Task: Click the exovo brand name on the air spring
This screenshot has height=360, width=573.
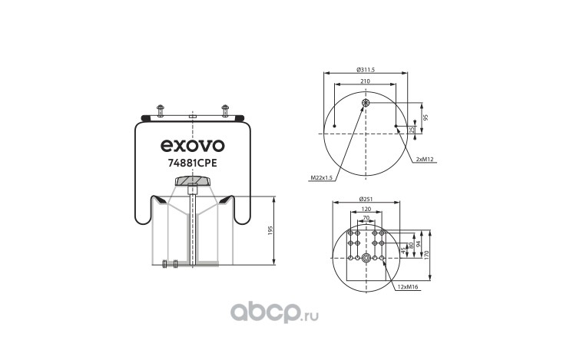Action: (192, 144)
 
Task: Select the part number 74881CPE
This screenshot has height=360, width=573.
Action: (192, 163)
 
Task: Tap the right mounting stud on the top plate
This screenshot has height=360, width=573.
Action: (225, 107)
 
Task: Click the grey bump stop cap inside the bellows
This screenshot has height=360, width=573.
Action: (193, 181)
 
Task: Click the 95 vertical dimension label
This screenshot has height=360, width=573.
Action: (426, 117)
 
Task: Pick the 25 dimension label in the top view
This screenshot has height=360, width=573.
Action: (412, 129)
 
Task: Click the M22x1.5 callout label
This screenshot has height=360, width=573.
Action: (323, 178)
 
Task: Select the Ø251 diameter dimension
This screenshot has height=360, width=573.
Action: (366, 200)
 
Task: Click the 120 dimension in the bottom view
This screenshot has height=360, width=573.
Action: (366, 209)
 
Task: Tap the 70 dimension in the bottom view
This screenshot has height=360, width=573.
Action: (366, 218)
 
